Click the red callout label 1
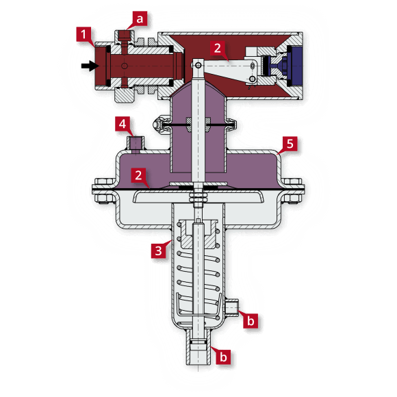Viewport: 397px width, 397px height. (x=84, y=34)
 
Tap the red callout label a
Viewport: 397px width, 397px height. (x=140, y=18)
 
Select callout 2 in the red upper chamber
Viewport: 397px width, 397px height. (x=217, y=48)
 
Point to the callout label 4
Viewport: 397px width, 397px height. (x=121, y=125)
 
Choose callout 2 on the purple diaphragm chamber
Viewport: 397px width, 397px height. (x=139, y=175)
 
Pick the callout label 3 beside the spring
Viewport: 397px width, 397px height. (x=158, y=250)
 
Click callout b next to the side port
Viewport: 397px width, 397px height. (x=251, y=320)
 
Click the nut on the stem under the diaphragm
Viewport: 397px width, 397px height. (x=198, y=196)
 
